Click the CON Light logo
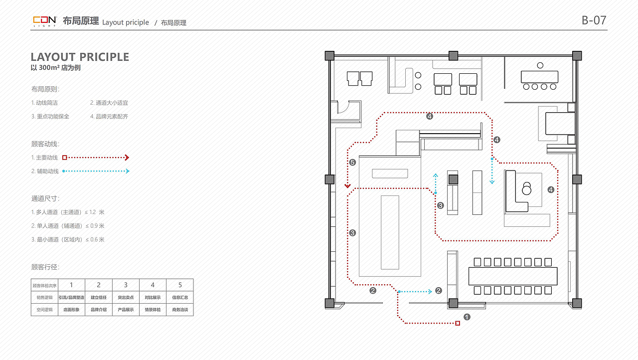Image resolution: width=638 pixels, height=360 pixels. pyautogui.click(x=45, y=21)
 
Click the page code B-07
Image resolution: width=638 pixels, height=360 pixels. pyautogui.click(x=594, y=20)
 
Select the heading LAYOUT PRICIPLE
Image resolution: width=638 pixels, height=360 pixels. pyautogui.click(x=80, y=57)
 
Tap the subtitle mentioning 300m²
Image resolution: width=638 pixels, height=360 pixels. pyautogui.click(x=56, y=68)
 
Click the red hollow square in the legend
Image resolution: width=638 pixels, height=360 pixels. pyautogui.click(x=65, y=158)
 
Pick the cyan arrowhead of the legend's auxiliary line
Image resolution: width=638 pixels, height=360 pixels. pyautogui.click(x=128, y=171)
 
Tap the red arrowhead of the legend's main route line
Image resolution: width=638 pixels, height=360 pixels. pyautogui.click(x=127, y=158)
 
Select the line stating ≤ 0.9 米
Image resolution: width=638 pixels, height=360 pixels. pyautogui.click(x=68, y=226)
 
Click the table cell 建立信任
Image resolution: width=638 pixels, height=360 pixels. pyautogui.click(x=99, y=297)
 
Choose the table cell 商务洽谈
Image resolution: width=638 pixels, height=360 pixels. pyautogui.click(x=180, y=310)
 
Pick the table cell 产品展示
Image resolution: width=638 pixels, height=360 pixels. pyautogui.click(x=126, y=310)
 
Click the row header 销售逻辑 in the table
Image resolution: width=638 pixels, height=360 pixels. pyautogui.click(x=44, y=297)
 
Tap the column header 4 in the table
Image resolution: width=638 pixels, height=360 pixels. pyautogui.click(x=153, y=285)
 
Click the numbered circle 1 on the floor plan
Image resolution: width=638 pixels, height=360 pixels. pyautogui.click(x=467, y=317)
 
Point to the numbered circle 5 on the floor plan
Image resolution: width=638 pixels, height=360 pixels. pyautogui.click(x=352, y=163)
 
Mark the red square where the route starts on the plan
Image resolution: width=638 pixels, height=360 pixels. pyautogui.click(x=458, y=323)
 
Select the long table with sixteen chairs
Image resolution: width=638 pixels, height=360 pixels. pyautogui.click(x=513, y=276)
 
